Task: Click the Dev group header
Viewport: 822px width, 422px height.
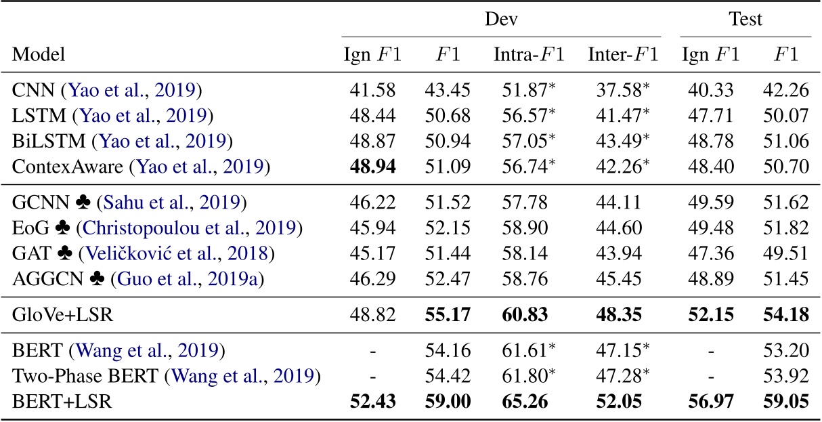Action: pos(500,20)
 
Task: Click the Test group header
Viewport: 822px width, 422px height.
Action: pos(745,20)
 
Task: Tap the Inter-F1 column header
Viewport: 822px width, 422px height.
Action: pos(622,54)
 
